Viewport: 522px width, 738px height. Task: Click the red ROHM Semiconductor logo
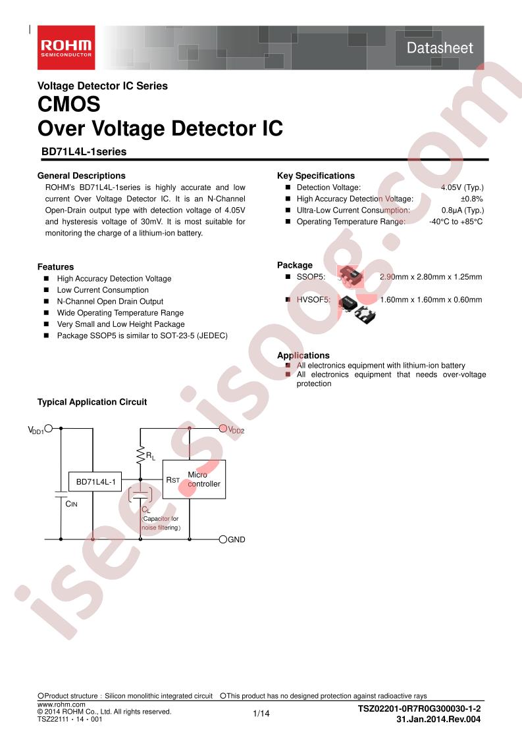(66, 47)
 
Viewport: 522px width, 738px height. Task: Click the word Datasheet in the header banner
(440, 48)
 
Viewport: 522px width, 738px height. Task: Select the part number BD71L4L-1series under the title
(84, 151)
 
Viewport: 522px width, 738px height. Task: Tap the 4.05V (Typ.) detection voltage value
(462, 187)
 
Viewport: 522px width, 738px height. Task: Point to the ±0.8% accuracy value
(471, 199)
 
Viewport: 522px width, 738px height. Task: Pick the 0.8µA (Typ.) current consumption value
(463, 210)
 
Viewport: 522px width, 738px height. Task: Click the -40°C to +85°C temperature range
(456, 222)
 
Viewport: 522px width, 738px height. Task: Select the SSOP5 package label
(311, 277)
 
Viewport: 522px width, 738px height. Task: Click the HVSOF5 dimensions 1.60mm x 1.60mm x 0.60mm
(431, 299)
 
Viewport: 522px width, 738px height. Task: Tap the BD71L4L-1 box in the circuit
(95, 482)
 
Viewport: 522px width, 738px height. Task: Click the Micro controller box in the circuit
(194, 479)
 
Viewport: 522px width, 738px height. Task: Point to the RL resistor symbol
(140, 455)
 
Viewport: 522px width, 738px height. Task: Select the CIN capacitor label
(72, 504)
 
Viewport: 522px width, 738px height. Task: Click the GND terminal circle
(223, 539)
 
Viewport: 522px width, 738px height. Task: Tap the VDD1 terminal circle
(48, 428)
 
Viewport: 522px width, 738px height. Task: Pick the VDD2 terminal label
(236, 430)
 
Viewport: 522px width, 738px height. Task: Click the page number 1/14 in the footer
(261, 714)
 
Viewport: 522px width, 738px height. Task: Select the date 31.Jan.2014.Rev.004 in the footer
(438, 719)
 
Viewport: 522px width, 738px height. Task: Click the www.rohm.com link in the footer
(61, 704)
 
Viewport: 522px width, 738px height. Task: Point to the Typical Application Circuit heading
(92, 402)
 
